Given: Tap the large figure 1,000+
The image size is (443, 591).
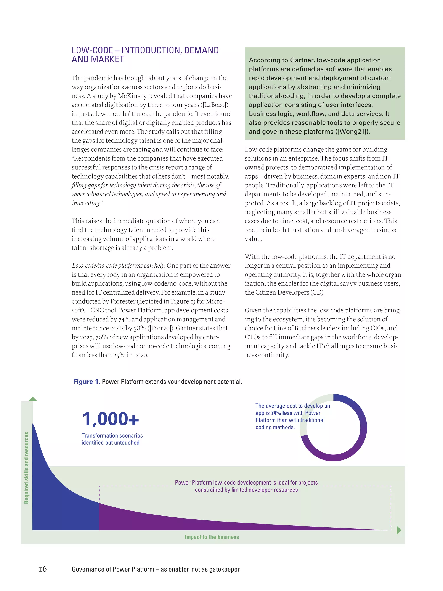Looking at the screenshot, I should (111, 419).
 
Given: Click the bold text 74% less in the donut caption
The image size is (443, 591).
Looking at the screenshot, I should (281, 413).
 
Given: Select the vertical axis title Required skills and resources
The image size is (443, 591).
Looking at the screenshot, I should (26, 468).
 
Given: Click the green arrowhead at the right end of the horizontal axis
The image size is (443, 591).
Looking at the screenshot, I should (399, 530).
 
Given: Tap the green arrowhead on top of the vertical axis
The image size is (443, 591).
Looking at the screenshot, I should (33, 399).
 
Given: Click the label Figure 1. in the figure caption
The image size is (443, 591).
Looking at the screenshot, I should (86, 382).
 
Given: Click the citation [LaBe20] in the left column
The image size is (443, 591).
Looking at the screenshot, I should (214, 105).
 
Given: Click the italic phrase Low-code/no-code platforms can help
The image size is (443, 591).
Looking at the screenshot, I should (119, 266).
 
